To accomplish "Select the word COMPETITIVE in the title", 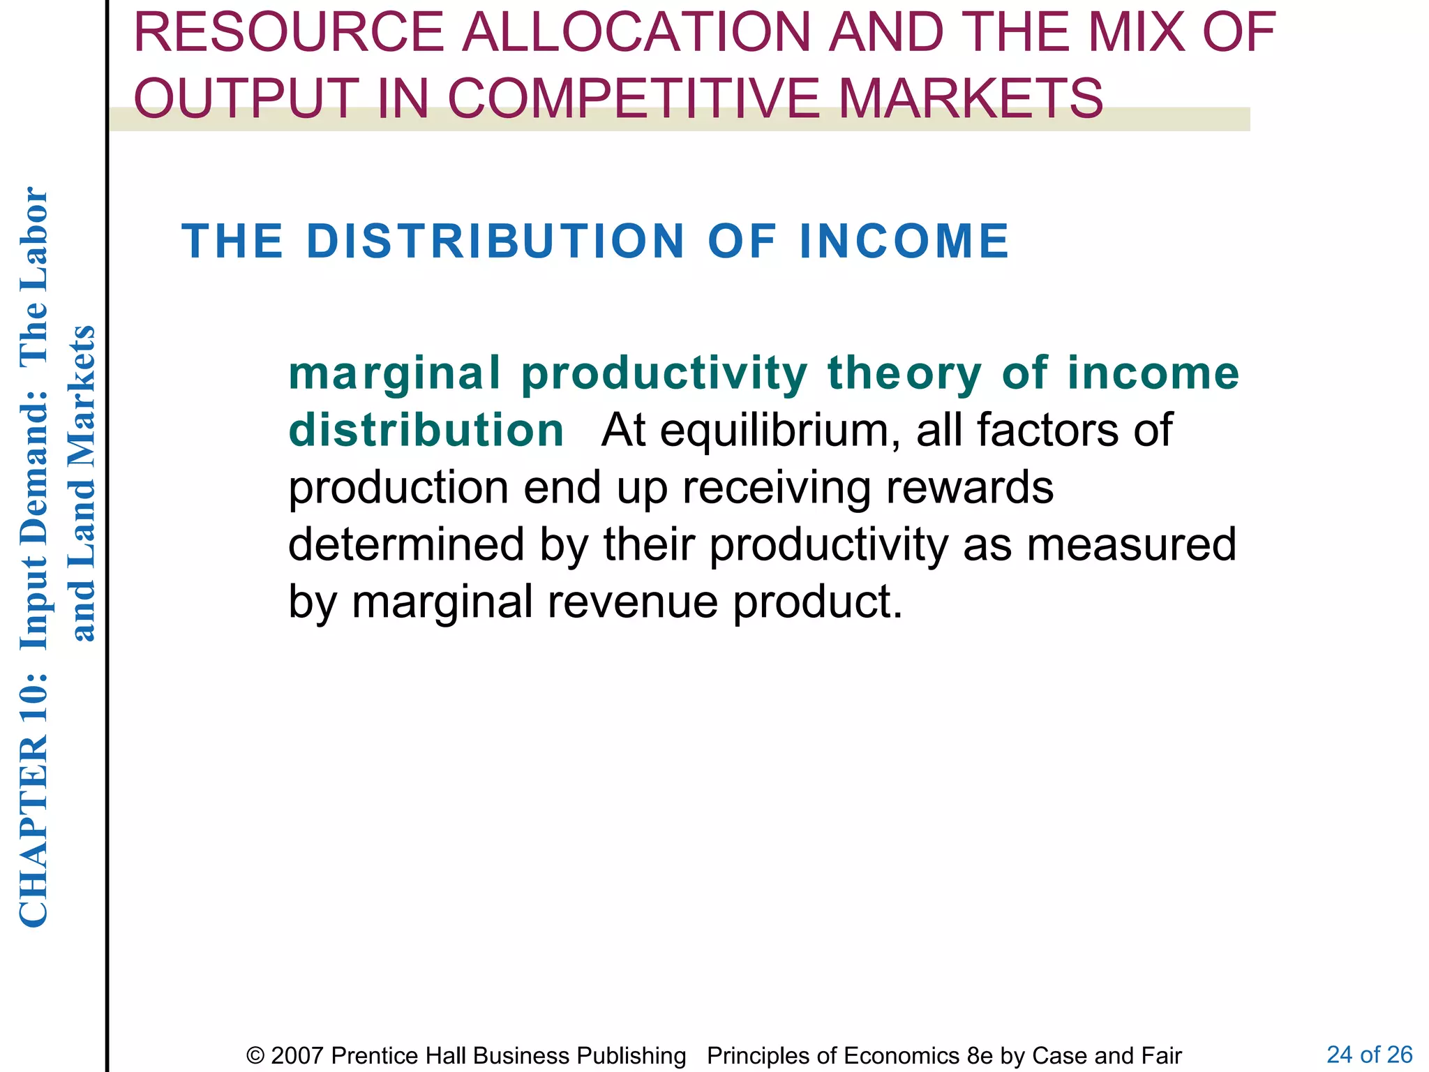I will pyautogui.click(x=633, y=98).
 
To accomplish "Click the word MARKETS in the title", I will pyautogui.click(x=971, y=98).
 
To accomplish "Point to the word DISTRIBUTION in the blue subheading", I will pyautogui.click(x=495, y=241).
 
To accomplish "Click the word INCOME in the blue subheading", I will pyautogui.click(x=904, y=241).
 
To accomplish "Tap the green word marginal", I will pyautogui.click(x=395, y=373).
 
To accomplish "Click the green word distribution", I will pyautogui.click(x=426, y=430).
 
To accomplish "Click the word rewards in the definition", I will pyautogui.click(x=970, y=487).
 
